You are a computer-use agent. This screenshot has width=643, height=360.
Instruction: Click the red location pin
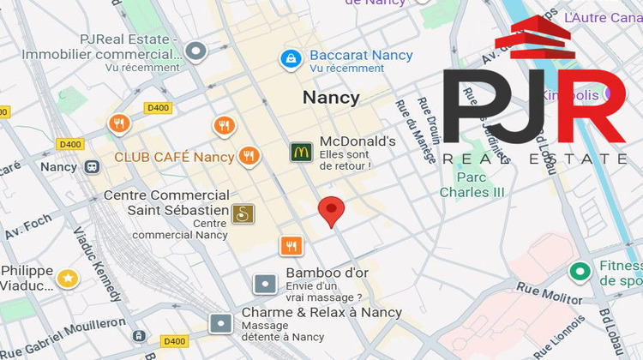click(x=332, y=211)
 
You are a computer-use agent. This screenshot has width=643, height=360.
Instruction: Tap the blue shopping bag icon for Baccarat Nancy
click(x=291, y=58)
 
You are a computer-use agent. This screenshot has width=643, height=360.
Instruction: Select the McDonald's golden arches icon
click(x=300, y=153)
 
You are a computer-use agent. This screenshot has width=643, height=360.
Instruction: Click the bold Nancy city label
click(x=331, y=98)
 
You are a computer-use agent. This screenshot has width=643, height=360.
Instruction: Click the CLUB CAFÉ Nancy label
click(x=174, y=157)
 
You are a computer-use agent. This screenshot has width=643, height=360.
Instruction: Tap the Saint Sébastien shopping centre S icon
click(x=243, y=213)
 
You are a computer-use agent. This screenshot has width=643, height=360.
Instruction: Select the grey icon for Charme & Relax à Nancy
click(x=221, y=323)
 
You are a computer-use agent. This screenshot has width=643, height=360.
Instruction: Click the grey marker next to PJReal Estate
click(x=197, y=51)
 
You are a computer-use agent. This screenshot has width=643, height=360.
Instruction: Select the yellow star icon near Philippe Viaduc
click(x=67, y=278)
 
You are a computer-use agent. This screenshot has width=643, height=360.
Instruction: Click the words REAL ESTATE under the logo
click(x=536, y=159)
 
